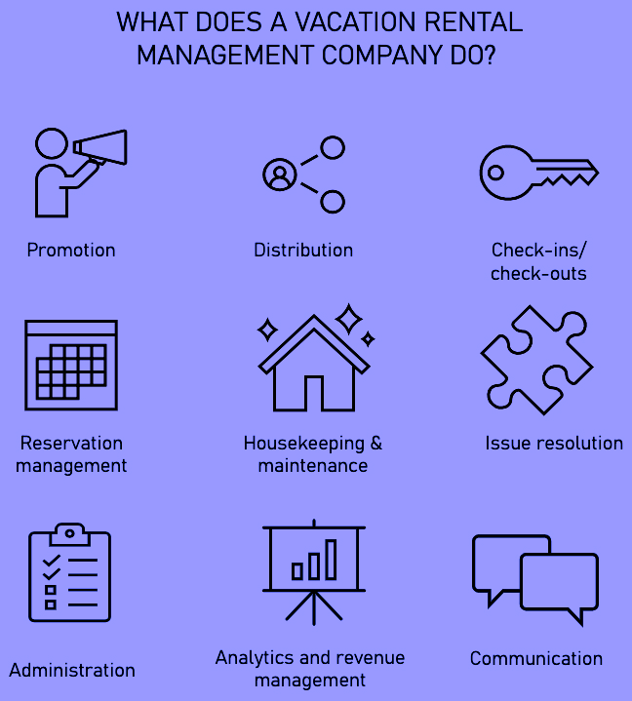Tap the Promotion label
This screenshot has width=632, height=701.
coord(71,251)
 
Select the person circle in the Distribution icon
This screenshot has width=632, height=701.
coord(279,175)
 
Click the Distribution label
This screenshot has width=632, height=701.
coord(303,251)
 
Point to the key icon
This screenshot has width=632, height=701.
coord(537,173)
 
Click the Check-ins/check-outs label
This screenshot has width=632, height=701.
coord(538,262)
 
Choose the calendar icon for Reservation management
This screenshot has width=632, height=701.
coord(70,365)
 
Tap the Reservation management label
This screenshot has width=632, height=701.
coord(71,454)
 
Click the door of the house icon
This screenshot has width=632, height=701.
coord(314,393)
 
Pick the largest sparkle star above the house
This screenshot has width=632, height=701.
coord(347,318)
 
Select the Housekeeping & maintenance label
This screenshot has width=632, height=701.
coord(313,454)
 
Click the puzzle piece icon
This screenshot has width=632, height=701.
coord(535,360)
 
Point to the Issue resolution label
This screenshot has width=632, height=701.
coord(554,444)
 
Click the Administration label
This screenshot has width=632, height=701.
coord(72,671)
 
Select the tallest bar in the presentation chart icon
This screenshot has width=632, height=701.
coord(331,559)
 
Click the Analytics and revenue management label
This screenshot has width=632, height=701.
coord(310,669)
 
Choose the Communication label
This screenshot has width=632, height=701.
coord(536,659)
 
